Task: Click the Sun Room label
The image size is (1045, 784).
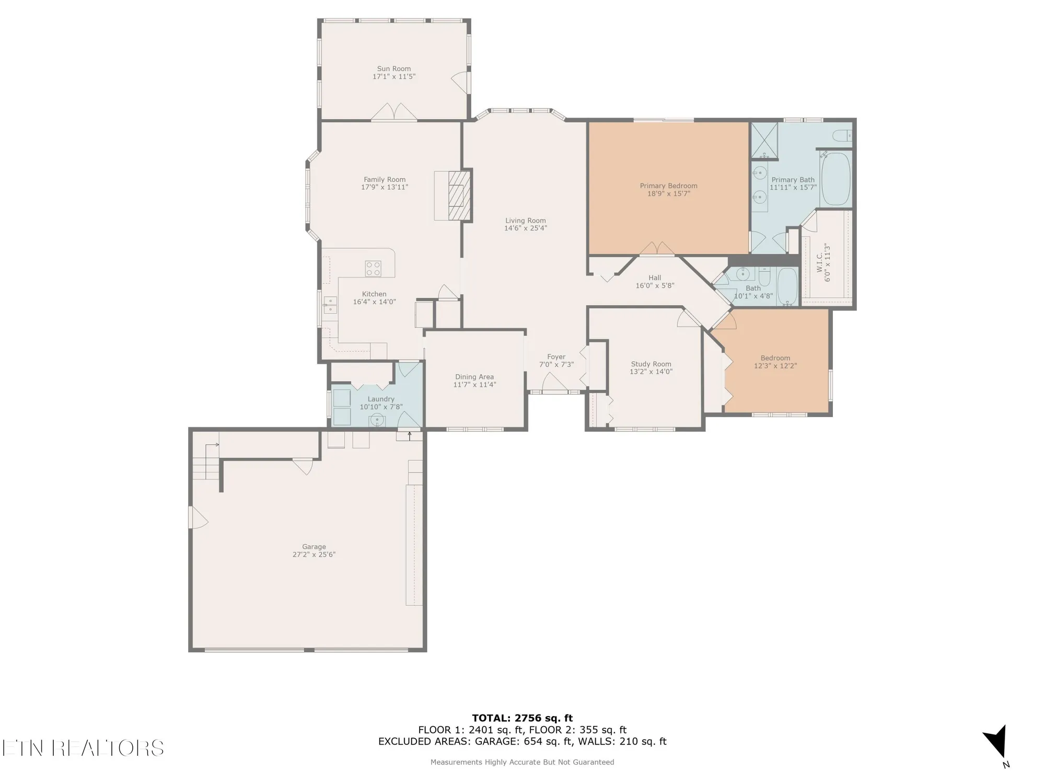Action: (394, 68)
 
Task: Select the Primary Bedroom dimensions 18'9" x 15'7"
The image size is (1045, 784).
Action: (668, 194)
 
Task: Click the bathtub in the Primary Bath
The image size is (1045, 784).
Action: (835, 179)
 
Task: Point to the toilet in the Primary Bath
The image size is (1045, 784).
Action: (842, 136)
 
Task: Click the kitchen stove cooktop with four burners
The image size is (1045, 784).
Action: (373, 269)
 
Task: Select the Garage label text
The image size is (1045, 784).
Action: (313, 547)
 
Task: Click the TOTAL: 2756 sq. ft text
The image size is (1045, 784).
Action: (522, 718)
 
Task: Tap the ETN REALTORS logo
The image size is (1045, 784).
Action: (83, 748)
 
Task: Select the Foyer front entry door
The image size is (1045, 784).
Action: (554, 385)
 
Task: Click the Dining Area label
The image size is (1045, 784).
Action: (474, 377)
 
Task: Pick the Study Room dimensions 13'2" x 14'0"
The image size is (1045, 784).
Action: (651, 372)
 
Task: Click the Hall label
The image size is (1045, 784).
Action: (655, 278)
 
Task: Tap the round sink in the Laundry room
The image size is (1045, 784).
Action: (377, 420)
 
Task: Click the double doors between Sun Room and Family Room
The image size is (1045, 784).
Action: (394, 113)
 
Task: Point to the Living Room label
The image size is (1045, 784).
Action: (525, 221)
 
